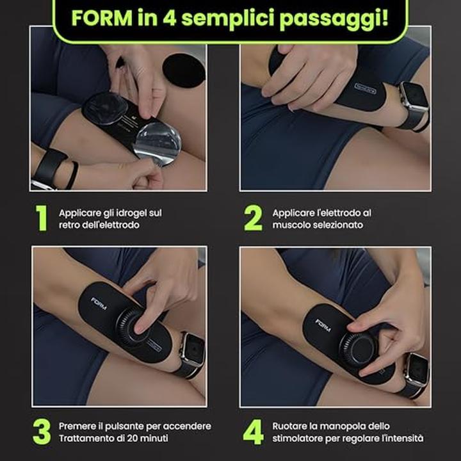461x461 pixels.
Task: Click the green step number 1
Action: coord(42,218)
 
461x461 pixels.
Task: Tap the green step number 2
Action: coord(253,218)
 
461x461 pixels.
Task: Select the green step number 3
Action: coord(42,432)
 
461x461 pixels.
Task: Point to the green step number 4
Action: coord(253,432)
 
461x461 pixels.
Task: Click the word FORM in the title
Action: coord(102,18)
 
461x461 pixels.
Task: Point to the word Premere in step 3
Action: coord(76,426)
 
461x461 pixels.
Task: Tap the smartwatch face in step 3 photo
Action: coord(193,350)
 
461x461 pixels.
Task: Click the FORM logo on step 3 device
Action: coord(99,303)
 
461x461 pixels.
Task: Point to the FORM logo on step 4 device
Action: coord(323,325)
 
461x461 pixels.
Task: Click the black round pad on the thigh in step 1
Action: coord(184,70)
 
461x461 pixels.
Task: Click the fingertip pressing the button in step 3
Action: coord(140,327)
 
